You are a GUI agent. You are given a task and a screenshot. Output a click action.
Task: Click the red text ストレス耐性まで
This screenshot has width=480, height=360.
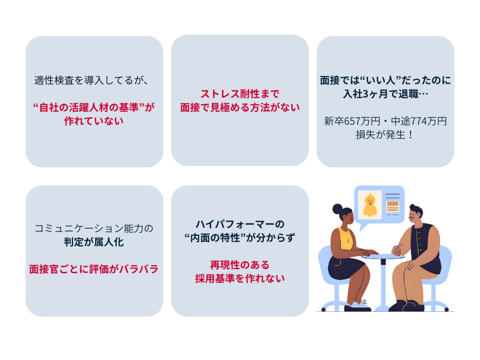(x=240, y=94)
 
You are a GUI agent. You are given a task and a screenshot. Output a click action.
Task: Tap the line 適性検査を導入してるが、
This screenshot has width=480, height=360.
(x=91, y=80)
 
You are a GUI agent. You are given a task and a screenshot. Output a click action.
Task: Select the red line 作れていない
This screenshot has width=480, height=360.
(x=94, y=121)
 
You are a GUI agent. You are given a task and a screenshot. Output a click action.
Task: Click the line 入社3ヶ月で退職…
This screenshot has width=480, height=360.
(x=385, y=94)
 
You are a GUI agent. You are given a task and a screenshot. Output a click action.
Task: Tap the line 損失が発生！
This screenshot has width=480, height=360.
(x=385, y=135)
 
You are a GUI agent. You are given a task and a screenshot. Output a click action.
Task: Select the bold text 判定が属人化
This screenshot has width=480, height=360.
(x=94, y=242)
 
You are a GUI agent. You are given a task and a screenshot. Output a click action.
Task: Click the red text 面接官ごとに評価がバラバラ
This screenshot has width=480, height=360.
(x=94, y=269)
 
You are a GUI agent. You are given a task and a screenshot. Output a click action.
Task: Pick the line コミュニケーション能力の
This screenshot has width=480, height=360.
(x=94, y=228)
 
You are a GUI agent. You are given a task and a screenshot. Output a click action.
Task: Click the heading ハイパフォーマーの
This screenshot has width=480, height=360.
(x=240, y=224)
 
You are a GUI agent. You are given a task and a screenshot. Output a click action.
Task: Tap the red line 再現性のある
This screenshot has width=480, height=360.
(x=240, y=265)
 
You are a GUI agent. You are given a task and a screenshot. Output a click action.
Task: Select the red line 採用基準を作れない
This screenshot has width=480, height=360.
(x=240, y=278)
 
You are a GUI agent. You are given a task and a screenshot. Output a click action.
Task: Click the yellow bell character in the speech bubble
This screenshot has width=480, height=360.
(x=370, y=205)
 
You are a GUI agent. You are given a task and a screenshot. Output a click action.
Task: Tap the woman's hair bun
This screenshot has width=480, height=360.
(x=337, y=209)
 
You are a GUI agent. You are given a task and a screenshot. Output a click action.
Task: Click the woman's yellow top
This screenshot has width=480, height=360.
(x=346, y=239)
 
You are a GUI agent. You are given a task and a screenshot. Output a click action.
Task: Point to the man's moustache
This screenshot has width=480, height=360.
(x=412, y=217)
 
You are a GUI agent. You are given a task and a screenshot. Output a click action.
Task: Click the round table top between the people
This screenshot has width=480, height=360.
(x=382, y=256)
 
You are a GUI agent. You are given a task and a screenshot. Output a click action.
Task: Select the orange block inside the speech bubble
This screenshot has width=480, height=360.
(x=392, y=206)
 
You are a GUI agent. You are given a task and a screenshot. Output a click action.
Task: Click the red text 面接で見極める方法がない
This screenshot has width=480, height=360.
(x=240, y=107)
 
